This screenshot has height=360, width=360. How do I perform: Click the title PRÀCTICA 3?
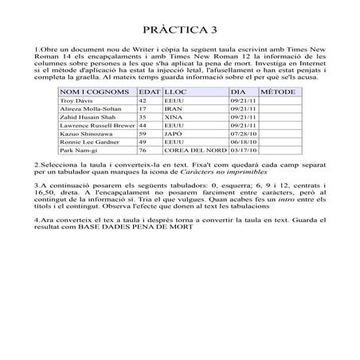pyautogui.click(x=179, y=31)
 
